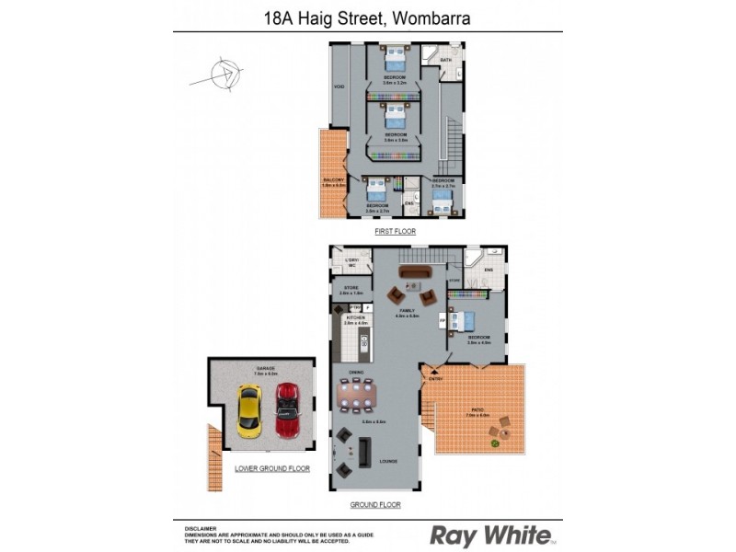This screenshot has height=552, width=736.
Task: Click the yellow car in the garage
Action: click(x=249, y=410)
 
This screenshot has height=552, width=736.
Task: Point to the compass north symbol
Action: click(x=224, y=75)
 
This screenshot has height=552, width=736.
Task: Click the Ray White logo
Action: click(x=491, y=535)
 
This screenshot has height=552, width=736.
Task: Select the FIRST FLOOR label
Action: click(x=395, y=232)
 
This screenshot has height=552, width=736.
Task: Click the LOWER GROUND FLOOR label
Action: click(x=272, y=468)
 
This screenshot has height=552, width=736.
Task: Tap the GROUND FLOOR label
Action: click(x=374, y=505)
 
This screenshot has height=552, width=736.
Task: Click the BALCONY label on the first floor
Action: click(x=333, y=179)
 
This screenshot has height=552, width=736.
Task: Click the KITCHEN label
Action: click(x=355, y=318)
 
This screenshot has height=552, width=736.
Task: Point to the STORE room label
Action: click(x=351, y=288)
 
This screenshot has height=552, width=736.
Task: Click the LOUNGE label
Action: click(x=387, y=460)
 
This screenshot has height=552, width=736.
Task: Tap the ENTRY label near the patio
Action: click(x=435, y=378)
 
